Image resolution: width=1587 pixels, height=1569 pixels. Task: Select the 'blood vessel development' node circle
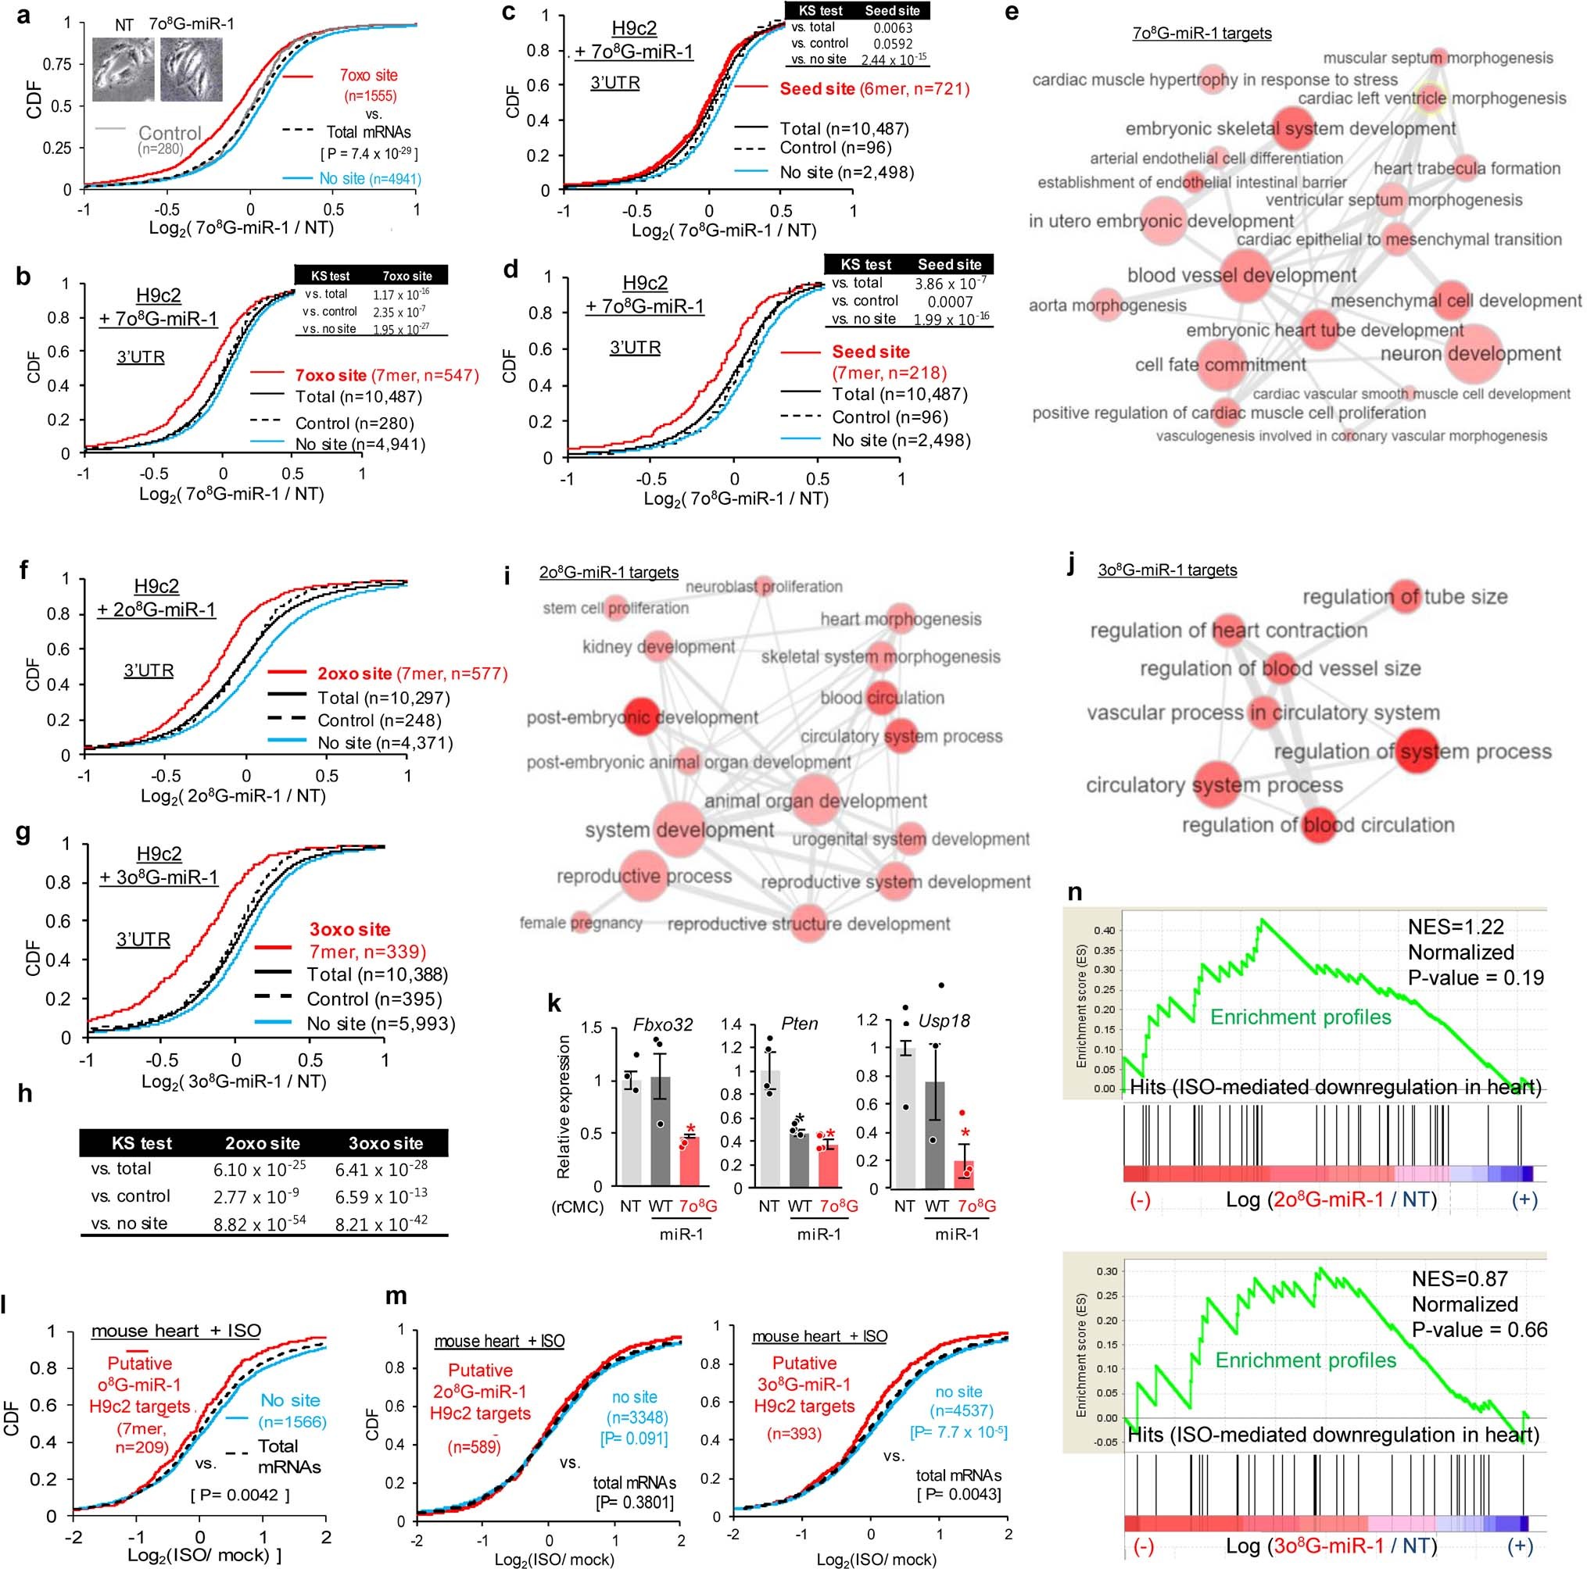coord(1242,275)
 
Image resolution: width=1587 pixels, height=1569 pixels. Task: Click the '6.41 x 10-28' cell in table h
coord(385,1168)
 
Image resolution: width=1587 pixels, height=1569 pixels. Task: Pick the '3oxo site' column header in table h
coord(385,1143)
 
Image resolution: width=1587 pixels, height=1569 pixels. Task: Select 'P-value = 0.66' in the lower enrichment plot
coord(1478,1329)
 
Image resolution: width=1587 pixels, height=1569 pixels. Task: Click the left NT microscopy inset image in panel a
coord(123,70)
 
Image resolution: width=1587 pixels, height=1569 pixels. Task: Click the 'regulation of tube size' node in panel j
coord(1406,597)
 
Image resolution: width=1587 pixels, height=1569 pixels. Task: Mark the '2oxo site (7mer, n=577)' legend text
coord(412,674)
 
